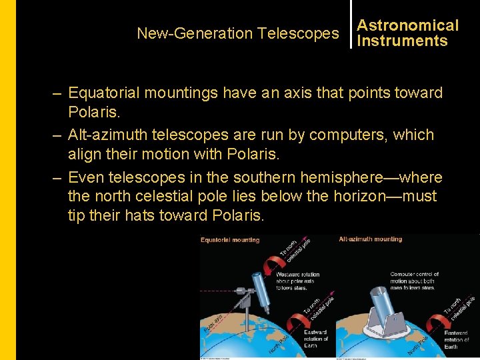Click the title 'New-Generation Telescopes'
click(237, 33)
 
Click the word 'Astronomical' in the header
click(408, 25)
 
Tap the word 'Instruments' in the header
click(402, 41)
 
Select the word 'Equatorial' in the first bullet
click(103, 93)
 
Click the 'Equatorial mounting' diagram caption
click(230, 240)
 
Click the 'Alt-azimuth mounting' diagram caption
click(371, 239)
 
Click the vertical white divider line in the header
click(351, 32)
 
